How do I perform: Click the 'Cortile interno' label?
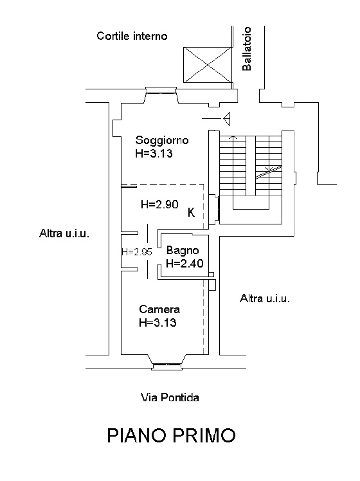[132, 36]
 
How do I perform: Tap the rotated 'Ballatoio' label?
[247, 49]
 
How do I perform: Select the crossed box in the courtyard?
[208, 65]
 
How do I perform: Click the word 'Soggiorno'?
[162, 140]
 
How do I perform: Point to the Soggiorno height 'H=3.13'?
[154, 153]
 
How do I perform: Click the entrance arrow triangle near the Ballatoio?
[227, 119]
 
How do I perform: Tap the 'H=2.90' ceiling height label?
[159, 204]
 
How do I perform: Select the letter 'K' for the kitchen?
[191, 212]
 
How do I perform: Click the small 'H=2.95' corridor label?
[137, 252]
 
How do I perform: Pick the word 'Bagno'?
[183, 251]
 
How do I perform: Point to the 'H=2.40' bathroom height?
[184, 263]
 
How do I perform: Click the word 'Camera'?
[159, 309]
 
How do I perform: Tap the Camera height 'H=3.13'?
[157, 322]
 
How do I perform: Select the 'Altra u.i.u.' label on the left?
[64, 233]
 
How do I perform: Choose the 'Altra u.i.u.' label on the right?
[265, 298]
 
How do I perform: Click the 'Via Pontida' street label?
[170, 397]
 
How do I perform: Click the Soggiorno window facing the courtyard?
[161, 90]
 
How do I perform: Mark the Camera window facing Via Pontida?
[167, 367]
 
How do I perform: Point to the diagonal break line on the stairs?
[269, 172]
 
